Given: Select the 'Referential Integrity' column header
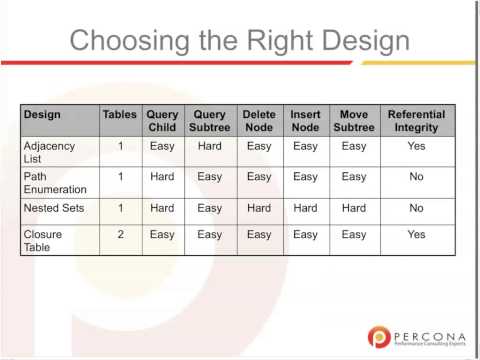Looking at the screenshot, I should pyautogui.click(x=416, y=121).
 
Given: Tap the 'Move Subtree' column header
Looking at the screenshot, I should pyautogui.click(x=354, y=121).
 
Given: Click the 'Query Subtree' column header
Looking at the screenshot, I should pyautogui.click(x=210, y=121).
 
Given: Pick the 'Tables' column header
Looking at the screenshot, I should pyautogui.click(x=120, y=115).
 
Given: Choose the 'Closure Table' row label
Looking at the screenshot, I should pyautogui.click(x=45, y=240).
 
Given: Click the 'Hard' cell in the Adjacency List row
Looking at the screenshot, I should pyautogui.click(x=210, y=145).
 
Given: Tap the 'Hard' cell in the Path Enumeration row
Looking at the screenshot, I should pyautogui.click(x=162, y=177).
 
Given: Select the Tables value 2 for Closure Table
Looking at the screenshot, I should pyautogui.click(x=120, y=234).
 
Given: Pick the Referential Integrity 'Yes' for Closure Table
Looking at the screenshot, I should pyautogui.click(x=416, y=234).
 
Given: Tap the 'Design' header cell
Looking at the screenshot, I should pyautogui.click(x=43, y=115).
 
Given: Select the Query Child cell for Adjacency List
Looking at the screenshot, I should pyautogui.click(x=162, y=145).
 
